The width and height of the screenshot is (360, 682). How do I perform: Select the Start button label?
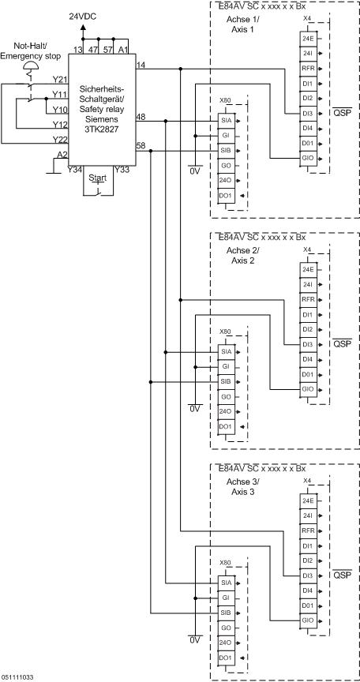[98, 178]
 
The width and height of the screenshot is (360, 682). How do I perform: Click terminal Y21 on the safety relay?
[59, 79]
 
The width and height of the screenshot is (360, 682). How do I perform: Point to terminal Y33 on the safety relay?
[122, 169]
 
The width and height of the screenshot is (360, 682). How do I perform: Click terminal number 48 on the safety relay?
[141, 116]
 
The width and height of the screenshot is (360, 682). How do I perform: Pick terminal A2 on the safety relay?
[62, 155]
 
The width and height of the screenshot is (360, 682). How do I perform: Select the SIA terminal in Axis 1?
[226, 121]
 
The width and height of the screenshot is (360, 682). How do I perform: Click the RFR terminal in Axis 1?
[307, 67]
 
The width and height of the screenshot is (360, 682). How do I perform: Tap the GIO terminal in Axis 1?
[307, 157]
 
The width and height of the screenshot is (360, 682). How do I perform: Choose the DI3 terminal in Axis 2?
[307, 344]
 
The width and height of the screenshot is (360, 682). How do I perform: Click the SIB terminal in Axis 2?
[226, 381]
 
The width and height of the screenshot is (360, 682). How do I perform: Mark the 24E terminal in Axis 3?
[307, 500]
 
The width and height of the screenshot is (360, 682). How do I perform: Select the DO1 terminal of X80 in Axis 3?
[225, 657]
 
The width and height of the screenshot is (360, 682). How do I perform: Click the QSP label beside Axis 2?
[341, 344]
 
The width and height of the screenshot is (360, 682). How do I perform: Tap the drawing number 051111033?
[17, 676]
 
